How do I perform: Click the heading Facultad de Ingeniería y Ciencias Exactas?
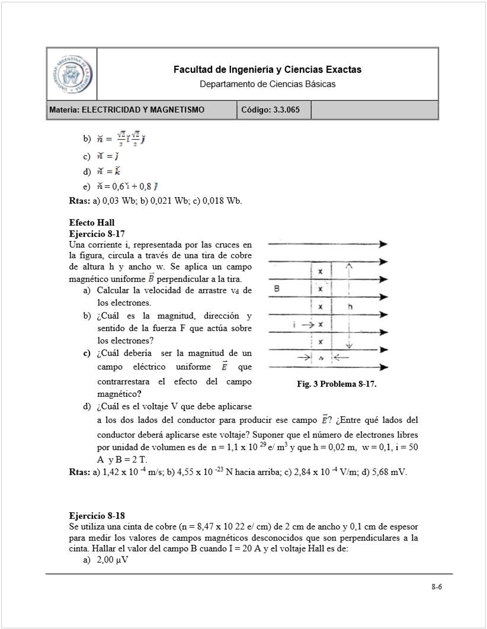[267, 70]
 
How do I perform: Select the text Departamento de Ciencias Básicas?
[267, 84]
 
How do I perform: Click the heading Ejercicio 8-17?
[97, 233]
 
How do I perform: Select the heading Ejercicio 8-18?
[97, 515]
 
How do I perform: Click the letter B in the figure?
[277, 289]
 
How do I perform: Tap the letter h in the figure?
[351, 307]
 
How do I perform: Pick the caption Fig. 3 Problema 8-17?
[337, 384]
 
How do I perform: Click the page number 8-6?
[437, 587]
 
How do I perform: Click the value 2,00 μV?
[113, 559]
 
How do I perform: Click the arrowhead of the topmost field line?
[384, 244]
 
